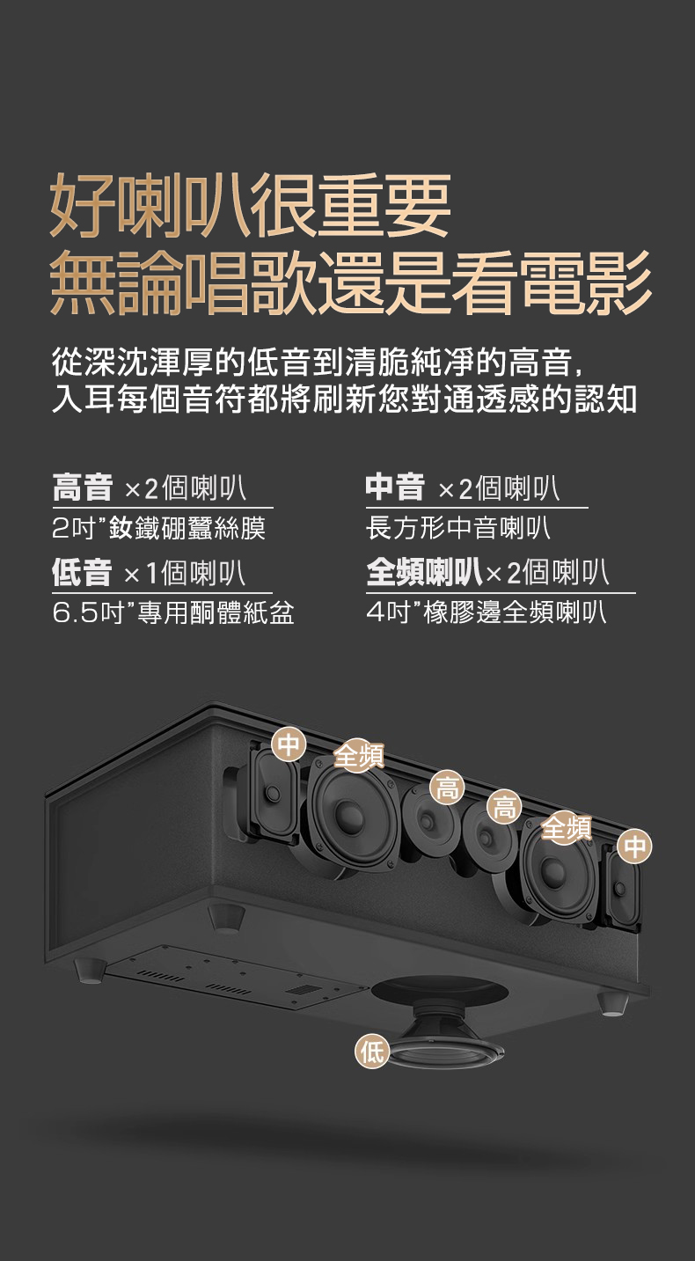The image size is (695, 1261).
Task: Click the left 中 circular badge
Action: pos(289,745)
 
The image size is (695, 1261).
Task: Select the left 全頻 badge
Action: pos(358,756)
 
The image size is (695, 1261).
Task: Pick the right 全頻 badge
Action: pos(567,828)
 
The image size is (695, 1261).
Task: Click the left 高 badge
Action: pos(448,788)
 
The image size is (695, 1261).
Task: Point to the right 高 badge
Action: pos(504,807)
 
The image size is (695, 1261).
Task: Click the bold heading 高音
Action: pos(82,488)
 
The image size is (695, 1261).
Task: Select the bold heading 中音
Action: pos(395,488)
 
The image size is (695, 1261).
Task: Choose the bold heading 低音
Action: pos(82,573)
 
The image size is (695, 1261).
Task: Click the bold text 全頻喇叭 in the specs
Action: pos(424,573)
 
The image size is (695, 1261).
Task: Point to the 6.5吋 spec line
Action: pos(172,612)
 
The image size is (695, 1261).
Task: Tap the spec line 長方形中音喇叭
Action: pos(458,528)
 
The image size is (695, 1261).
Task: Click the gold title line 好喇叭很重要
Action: pos(251,206)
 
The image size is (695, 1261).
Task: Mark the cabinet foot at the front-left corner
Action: pos(90,970)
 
